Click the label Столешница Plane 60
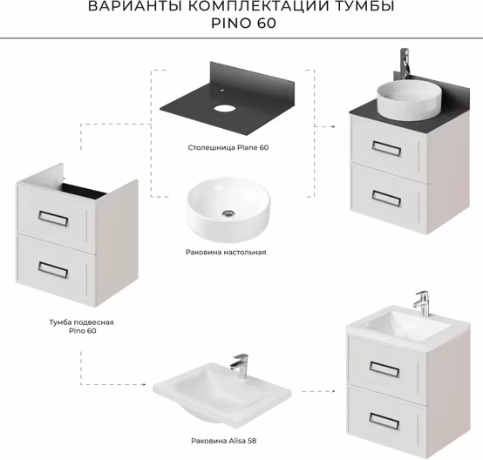click(228, 147)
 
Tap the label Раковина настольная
click(226, 252)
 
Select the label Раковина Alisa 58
click(224, 441)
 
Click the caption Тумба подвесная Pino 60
click(82, 327)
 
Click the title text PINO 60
click(243, 24)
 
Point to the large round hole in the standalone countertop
click(224, 108)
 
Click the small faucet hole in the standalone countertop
click(221, 91)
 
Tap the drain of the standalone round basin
click(228, 213)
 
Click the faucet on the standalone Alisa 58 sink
click(240, 366)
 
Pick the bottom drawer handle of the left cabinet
click(53, 269)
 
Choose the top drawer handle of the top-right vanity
click(386, 148)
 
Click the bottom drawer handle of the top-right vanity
click(386, 198)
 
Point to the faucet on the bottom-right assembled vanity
click(422, 303)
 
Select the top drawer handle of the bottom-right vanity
click(384, 369)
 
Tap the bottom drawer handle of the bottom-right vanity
click(384, 421)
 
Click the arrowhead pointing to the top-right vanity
click(333, 126)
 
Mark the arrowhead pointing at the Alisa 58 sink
click(144, 384)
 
